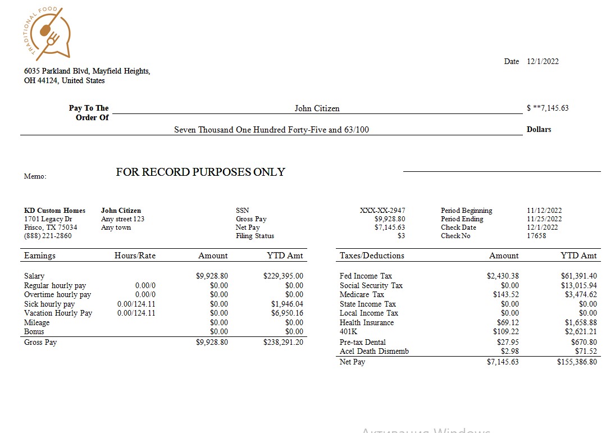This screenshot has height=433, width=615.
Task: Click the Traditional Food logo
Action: click(x=49, y=34)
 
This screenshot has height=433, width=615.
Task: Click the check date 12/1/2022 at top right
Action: click(x=543, y=62)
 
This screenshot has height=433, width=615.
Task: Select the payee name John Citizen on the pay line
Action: click(x=317, y=108)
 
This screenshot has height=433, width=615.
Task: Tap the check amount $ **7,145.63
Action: click(x=548, y=108)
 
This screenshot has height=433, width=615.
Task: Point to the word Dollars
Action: click(x=539, y=129)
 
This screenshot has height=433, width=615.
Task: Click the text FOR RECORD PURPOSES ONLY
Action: click(x=201, y=172)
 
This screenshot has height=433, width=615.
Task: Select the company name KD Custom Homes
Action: click(x=54, y=211)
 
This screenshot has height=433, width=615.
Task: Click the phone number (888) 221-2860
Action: click(x=48, y=236)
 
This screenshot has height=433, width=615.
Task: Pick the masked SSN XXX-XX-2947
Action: click(x=382, y=211)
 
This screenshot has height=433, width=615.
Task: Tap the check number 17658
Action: click(x=536, y=236)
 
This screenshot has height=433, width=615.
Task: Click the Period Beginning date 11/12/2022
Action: click(x=544, y=211)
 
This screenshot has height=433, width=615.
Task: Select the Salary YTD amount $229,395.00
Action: click(x=283, y=276)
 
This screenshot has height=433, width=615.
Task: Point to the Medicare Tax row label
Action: click(x=362, y=294)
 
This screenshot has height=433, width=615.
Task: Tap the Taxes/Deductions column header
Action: click(x=372, y=256)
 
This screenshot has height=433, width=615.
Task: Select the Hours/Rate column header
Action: click(x=135, y=256)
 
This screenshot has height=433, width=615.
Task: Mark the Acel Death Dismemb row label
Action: click(x=374, y=351)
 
